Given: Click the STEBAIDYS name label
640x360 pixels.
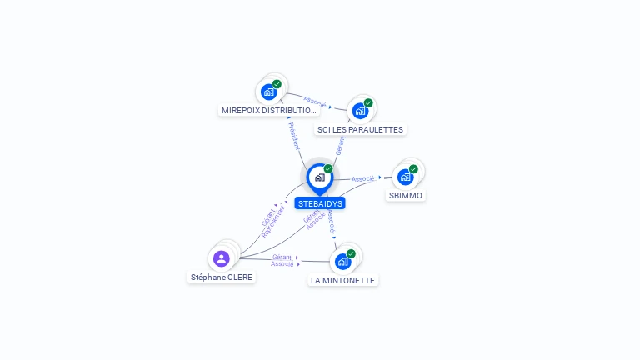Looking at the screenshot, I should point(320,203).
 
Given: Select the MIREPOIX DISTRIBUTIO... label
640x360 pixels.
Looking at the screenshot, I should point(269,110).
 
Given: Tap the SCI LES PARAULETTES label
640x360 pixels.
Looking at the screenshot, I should point(360,129).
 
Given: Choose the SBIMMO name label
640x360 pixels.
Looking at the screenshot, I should point(406,195).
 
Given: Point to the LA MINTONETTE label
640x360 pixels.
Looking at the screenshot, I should point(342,280).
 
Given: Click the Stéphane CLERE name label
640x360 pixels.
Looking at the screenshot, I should point(222,277).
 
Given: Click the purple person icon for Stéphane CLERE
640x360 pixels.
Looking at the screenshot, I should point(221,258).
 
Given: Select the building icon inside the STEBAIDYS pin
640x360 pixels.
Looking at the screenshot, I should point(319,177).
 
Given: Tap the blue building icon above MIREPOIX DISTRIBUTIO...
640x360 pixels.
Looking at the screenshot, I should point(268,92).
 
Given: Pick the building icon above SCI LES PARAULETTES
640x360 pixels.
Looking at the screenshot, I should point(360,111).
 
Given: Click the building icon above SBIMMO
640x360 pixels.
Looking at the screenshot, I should point(405,177).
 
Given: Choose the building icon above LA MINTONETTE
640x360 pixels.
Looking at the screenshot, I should point(342,262).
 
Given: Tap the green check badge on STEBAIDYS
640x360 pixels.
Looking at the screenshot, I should point(328,169).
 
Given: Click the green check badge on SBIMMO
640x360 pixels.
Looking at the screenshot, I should point(413,169).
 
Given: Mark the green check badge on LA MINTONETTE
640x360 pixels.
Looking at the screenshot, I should point(351,253).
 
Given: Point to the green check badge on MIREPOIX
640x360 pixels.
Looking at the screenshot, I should point(277,84).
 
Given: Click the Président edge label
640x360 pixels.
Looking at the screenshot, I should point(294,135).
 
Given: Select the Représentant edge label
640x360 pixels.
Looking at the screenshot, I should point(273,222).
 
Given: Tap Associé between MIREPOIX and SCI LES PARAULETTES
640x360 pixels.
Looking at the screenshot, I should point(316,102).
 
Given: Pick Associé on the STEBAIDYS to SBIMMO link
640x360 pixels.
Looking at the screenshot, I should point(362,179).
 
